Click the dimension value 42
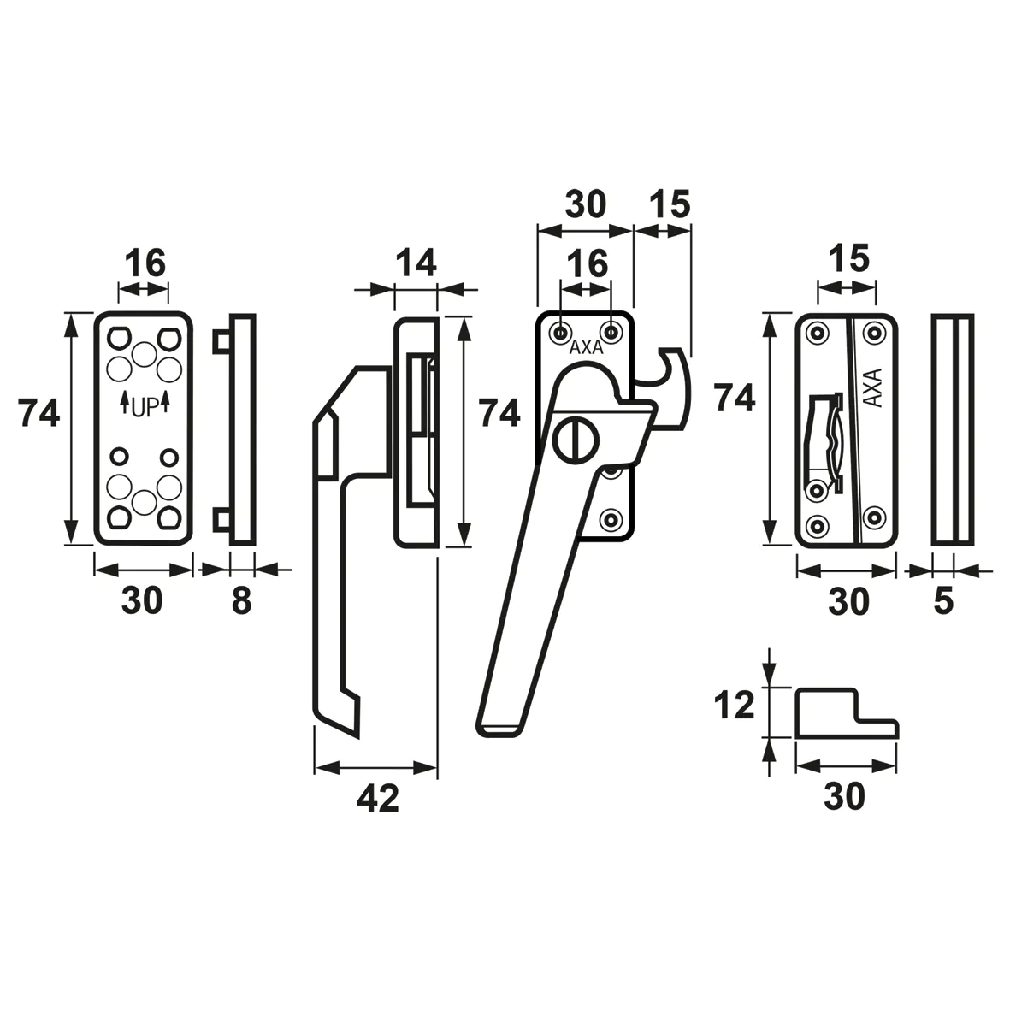[376, 799]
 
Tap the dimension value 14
[416, 263]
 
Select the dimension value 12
[735, 706]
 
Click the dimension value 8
[242, 601]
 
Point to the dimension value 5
[942, 601]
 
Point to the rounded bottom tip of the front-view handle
[496, 729]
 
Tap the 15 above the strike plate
[848, 257]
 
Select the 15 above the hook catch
[668, 205]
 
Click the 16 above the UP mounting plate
[144, 263]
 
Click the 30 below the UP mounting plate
[141, 601]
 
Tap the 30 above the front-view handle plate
[585, 205]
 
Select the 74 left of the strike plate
[735, 399]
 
